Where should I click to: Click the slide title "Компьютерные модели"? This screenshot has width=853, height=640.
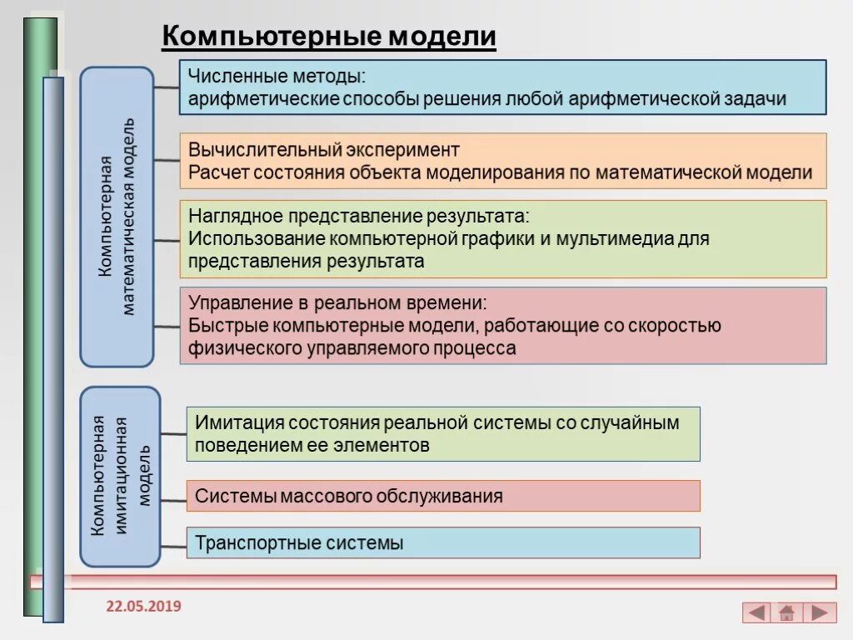[328, 37]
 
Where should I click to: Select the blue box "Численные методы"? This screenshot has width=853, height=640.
[503, 87]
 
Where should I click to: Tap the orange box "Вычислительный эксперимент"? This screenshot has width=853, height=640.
[503, 161]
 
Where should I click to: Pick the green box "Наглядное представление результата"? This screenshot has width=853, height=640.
[503, 238]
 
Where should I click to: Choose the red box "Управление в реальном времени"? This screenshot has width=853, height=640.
[503, 325]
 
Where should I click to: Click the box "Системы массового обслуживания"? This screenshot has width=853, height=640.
[443, 496]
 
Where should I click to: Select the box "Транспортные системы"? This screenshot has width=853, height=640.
[443, 542]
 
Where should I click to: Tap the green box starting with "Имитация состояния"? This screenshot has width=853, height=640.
[443, 433]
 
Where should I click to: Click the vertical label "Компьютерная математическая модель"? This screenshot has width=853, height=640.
[117, 217]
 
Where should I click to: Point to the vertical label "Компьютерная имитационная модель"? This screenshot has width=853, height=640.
[120, 476]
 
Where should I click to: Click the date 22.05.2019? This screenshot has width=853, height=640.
[143, 606]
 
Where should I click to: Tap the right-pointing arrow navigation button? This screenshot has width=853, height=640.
[820, 613]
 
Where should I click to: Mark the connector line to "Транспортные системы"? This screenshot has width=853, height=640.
[173, 547]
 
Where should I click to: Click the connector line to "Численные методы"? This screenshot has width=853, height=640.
[167, 87]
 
